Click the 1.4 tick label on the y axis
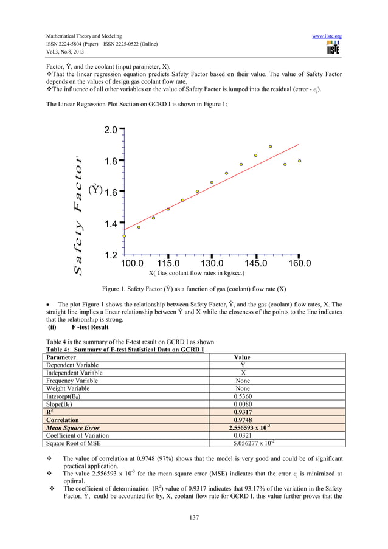109,224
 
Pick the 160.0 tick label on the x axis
299,264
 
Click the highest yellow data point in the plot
271,147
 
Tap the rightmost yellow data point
300,161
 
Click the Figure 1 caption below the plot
194,289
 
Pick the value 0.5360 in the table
242,396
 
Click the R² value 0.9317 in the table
243,412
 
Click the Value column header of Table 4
242,357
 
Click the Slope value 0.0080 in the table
242,404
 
